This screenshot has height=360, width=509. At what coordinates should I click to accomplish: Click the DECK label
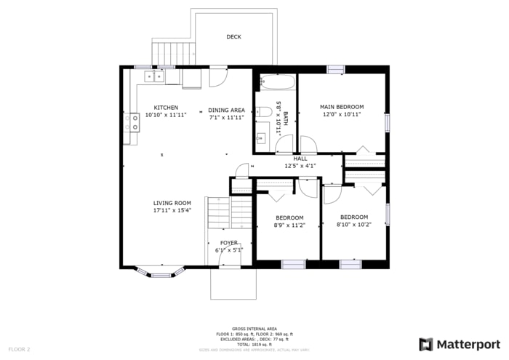(233, 37)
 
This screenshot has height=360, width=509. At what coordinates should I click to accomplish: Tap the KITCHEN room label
(165, 108)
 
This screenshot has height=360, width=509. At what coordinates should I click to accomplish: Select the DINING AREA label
(226, 110)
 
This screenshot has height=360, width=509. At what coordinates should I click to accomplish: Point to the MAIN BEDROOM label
(342, 107)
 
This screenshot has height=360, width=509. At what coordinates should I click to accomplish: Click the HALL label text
(300, 158)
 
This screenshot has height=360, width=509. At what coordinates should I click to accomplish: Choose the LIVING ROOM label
(172, 203)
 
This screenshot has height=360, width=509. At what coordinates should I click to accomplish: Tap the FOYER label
(228, 243)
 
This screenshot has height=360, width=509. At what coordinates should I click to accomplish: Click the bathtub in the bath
(276, 81)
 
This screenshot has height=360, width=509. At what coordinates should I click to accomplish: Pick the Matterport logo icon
(426, 344)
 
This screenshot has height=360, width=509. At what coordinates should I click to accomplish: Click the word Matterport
(468, 344)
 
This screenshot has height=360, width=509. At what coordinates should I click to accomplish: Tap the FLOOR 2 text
(18, 349)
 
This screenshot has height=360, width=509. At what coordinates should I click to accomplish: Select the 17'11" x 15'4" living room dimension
(172, 210)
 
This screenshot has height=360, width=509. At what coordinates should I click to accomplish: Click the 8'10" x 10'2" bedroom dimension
(354, 224)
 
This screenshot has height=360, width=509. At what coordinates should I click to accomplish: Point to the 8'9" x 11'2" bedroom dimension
(289, 225)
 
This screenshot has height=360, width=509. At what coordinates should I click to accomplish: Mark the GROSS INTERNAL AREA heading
(254, 329)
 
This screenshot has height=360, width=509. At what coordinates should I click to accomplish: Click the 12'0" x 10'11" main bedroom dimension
(342, 114)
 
